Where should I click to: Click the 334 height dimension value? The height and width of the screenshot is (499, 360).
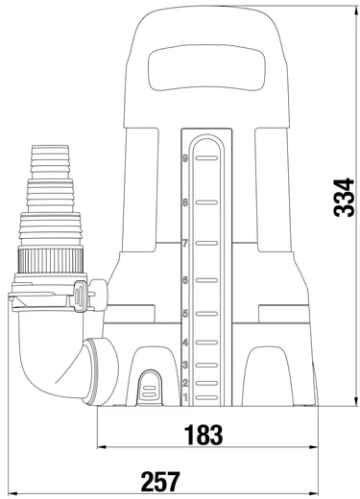[344, 198]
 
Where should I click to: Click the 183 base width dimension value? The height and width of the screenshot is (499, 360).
[204, 435]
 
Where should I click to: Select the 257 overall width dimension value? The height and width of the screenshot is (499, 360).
[160, 482]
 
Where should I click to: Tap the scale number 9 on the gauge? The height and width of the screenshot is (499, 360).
[185, 158]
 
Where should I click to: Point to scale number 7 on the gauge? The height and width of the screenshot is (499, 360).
[185, 244]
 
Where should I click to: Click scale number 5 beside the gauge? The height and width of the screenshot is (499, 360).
[185, 314]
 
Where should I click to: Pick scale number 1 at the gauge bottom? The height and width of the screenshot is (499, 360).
[185, 397]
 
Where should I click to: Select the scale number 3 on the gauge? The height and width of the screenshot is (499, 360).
[185, 365]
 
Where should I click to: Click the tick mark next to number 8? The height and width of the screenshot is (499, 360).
[206, 202]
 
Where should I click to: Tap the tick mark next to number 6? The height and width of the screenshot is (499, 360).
[206, 280]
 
